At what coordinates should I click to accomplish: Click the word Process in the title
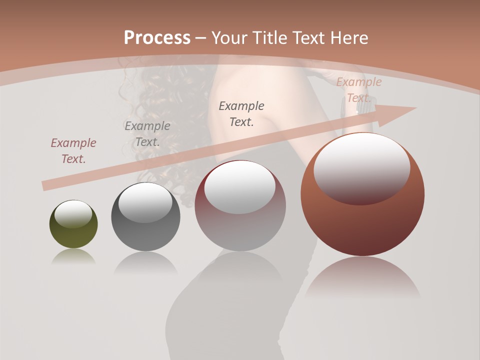click(157, 37)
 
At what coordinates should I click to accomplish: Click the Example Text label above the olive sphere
click(73, 150)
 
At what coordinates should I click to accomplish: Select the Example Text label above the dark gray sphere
click(147, 133)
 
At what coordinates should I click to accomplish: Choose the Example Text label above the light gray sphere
click(241, 113)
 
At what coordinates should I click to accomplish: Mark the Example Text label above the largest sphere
click(358, 90)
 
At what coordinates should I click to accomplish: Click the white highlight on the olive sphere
click(73, 213)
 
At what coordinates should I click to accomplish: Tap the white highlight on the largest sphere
click(362, 167)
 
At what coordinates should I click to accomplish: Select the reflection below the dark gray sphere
click(145, 262)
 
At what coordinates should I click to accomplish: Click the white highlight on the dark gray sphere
click(145, 201)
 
